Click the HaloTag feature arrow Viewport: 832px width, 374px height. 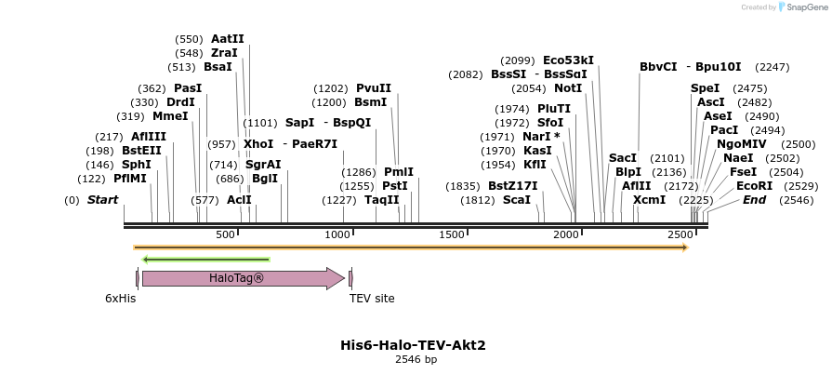(x=242, y=278)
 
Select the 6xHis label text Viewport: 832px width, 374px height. (x=121, y=299)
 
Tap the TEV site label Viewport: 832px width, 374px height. (x=372, y=299)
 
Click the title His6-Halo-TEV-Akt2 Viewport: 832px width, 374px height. (x=413, y=345)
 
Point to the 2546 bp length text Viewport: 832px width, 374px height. (x=416, y=359)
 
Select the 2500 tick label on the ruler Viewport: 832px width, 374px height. (x=681, y=235)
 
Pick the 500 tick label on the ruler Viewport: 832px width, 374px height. (x=225, y=235)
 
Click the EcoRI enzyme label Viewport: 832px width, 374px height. (x=754, y=186)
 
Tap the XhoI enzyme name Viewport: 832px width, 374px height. (x=258, y=144)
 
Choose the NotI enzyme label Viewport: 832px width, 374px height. (x=568, y=88)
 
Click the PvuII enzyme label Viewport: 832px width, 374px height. (x=374, y=88)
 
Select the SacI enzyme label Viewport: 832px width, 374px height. (x=623, y=158)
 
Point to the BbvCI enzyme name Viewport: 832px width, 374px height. (x=658, y=67)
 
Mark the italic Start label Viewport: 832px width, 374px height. (x=102, y=200)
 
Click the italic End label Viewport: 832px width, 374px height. (x=754, y=200)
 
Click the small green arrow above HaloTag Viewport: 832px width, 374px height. (x=205, y=260)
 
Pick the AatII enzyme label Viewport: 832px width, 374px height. (x=228, y=39)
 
